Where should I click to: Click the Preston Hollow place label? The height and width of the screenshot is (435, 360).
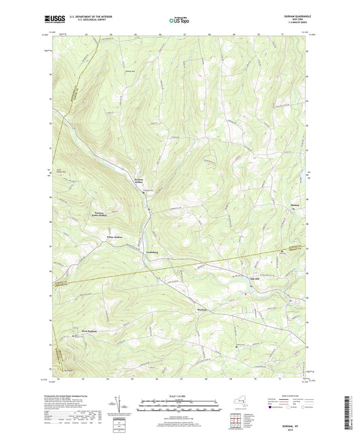139,180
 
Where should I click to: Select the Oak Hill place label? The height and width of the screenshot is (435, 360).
255,279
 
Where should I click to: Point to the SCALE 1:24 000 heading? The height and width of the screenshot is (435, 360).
180,396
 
